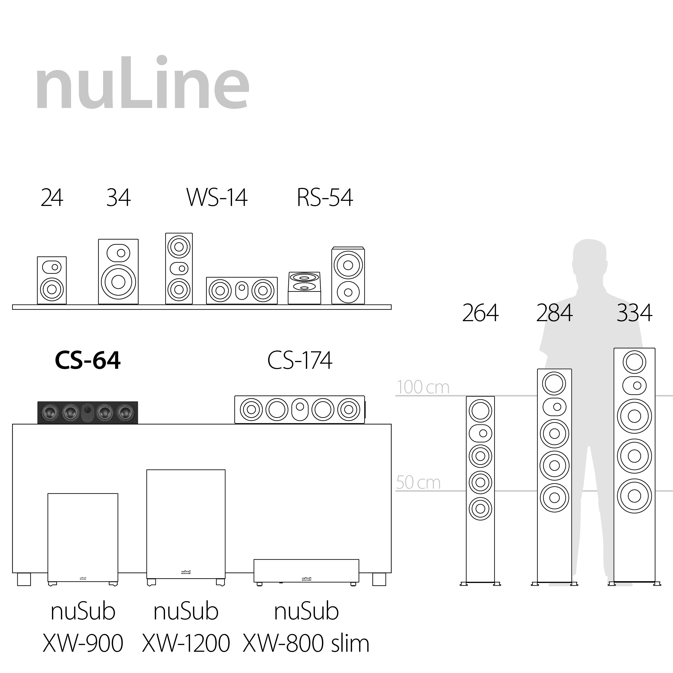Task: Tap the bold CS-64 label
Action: coord(88,360)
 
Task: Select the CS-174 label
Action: coord(300,360)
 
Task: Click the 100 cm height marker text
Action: coord(423,387)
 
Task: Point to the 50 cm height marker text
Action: coord(418,482)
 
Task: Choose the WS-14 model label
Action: coord(217,198)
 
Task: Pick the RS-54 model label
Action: coord(325,198)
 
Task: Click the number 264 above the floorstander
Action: coord(480,313)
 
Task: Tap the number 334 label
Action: coord(634,313)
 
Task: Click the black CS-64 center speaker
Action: coord(88,412)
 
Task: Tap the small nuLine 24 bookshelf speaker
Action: coord(52,281)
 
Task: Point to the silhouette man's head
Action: coord(589,258)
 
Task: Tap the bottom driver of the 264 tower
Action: coord(480,509)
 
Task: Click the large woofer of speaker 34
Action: coord(118,282)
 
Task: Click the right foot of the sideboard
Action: coord(379,579)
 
